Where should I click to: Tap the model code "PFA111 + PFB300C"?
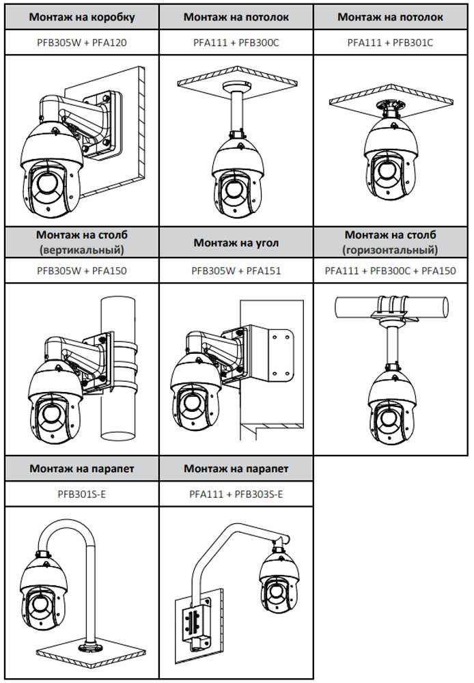coord(236,42)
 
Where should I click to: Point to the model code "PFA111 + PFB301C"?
coord(390,42)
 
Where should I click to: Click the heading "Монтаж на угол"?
coord(236,242)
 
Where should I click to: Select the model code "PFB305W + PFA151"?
coord(236,270)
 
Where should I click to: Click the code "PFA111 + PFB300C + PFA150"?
coord(390,270)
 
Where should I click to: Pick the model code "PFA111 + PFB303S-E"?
coord(236,493)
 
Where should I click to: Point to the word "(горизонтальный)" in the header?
coord(390,249)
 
